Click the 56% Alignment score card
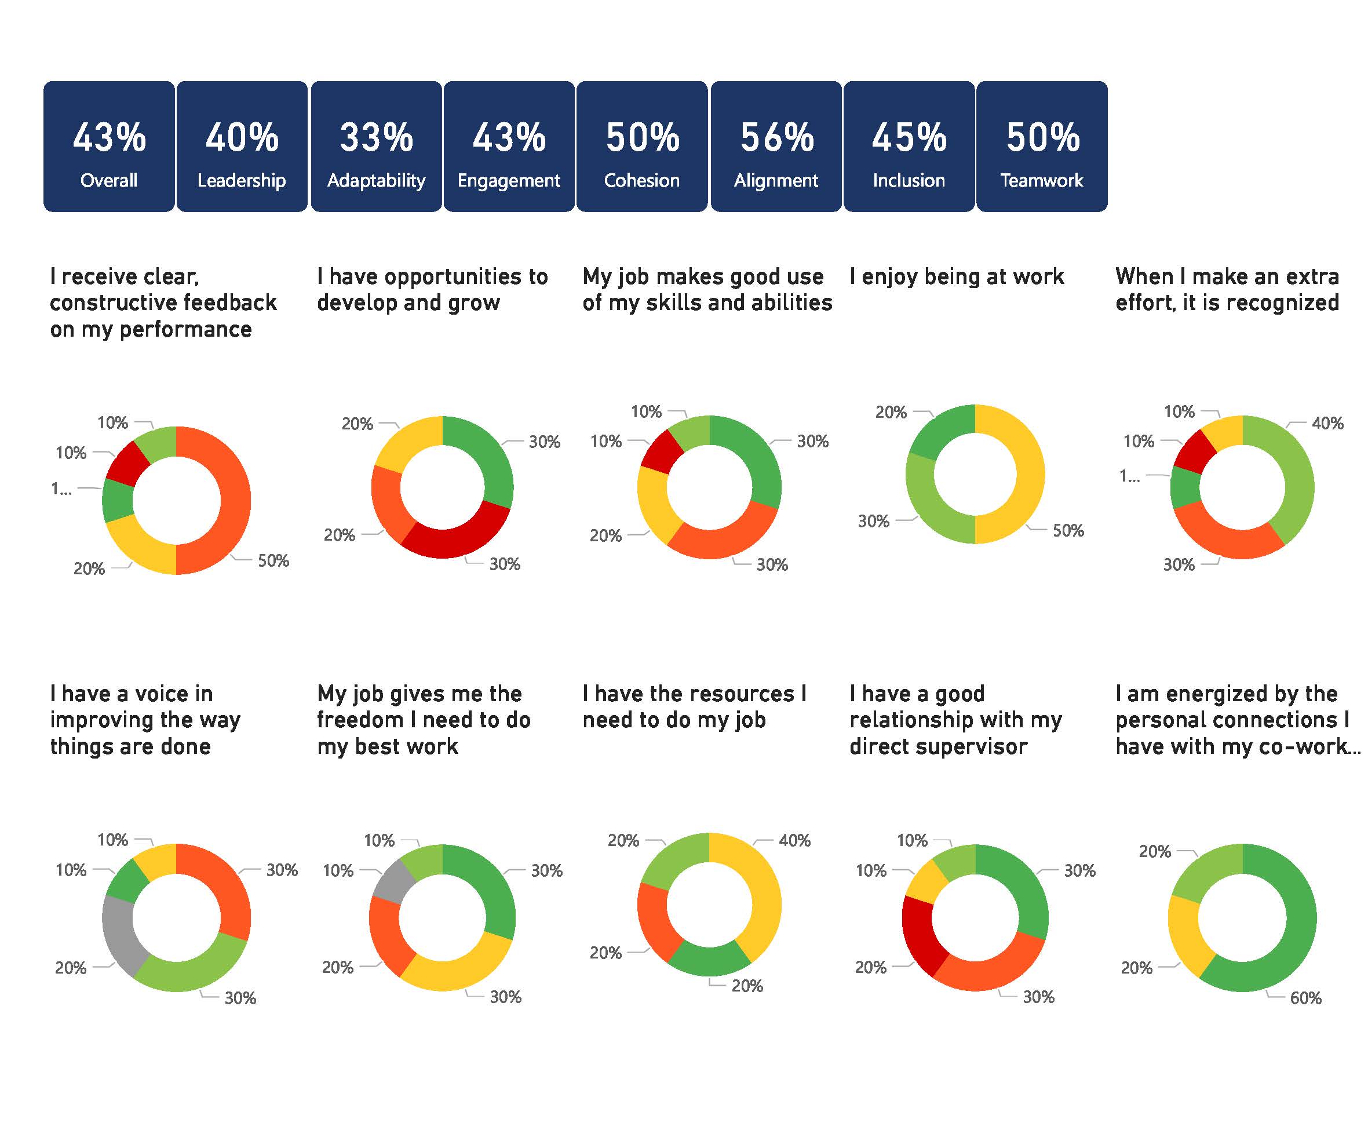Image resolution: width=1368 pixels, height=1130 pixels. click(776, 147)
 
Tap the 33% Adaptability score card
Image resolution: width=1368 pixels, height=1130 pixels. click(376, 147)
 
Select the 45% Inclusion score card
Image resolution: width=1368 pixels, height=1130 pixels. click(909, 147)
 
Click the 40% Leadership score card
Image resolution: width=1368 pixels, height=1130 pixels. click(242, 147)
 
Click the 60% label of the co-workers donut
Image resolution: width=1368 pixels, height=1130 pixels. click(1305, 998)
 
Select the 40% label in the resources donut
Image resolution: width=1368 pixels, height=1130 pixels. click(794, 840)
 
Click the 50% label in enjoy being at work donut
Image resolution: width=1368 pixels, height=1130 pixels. click(1068, 530)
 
